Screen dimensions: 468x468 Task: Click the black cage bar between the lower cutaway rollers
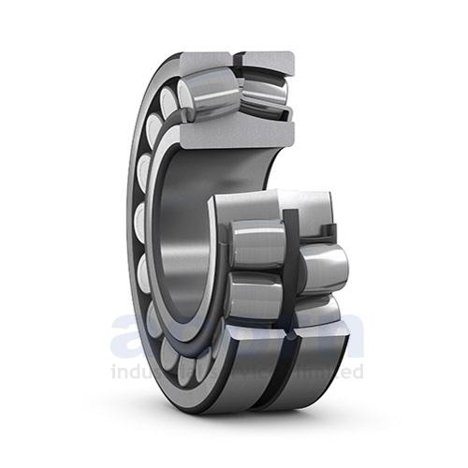289,271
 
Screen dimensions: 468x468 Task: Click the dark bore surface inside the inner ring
187,234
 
